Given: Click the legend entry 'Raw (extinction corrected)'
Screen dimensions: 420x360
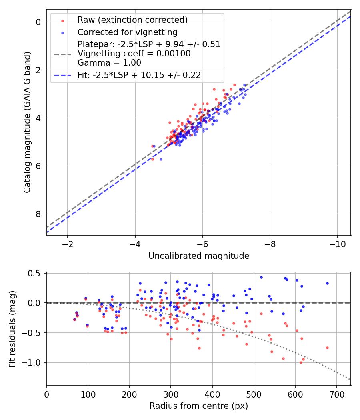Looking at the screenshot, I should pyautogui.click(x=132, y=20).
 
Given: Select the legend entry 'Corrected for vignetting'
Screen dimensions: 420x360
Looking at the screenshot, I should pyautogui.click(x=127, y=32).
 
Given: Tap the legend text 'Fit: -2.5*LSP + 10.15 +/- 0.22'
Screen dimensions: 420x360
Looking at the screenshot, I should pyautogui.click(x=139, y=75).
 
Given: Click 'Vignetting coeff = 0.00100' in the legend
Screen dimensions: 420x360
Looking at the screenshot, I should pyautogui.click(x=134, y=54).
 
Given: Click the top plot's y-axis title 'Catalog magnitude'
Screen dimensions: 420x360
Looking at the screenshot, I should pyautogui.click(x=27, y=121).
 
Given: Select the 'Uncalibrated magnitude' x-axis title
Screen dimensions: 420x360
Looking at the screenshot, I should pyautogui.click(x=199, y=256).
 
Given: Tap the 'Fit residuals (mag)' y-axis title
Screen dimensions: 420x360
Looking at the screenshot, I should pyautogui.click(x=12, y=329).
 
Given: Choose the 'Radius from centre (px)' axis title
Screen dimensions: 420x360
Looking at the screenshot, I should pyautogui.click(x=199, y=406).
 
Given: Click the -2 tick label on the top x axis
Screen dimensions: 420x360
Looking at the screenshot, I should pyautogui.click(x=67, y=244).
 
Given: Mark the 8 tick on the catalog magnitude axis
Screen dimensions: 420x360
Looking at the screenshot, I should pyautogui.click(x=39, y=214).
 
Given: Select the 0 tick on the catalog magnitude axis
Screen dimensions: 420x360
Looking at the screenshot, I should pyautogui.click(x=39, y=22).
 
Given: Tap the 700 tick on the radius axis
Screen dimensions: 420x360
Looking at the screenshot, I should pyautogui.click(x=336, y=394).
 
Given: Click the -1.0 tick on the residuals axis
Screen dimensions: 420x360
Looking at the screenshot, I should pyautogui.click(x=33, y=362).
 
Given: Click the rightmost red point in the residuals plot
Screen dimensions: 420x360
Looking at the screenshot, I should pyautogui.click(x=327, y=348).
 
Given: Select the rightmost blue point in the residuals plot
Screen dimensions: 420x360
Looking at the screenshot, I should pyautogui.click(x=327, y=283).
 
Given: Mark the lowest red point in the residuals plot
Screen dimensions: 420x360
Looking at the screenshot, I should pyautogui.click(x=301, y=362).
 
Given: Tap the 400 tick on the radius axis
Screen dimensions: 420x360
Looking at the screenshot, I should pyautogui.click(x=212, y=394).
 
